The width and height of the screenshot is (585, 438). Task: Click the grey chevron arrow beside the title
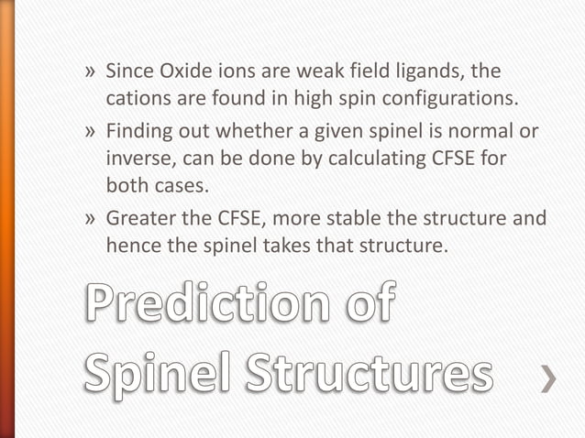(548, 378)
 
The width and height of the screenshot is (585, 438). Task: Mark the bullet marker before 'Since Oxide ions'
(90, 71)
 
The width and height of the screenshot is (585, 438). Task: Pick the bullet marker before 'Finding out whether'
(90, 132)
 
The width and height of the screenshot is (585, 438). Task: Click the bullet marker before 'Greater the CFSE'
(90, 219)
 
